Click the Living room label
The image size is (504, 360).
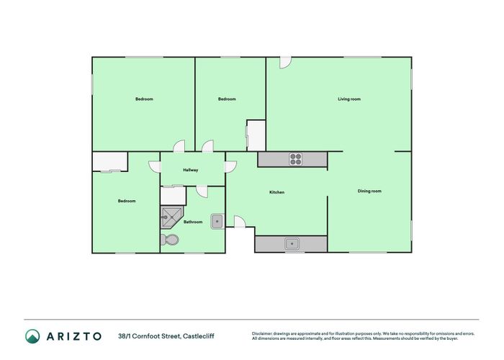349,99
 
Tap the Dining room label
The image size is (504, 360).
369,191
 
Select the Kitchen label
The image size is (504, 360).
277,192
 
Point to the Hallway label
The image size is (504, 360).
190,170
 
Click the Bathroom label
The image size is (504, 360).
193,222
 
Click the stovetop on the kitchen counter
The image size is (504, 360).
295,159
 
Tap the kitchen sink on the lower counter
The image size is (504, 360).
292,243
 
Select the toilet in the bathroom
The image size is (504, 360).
171,240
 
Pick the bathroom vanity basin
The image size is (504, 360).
217,221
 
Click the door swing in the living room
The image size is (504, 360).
286,63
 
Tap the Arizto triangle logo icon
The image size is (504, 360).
32,336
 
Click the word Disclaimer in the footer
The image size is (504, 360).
262,333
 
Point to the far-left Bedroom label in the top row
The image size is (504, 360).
144,99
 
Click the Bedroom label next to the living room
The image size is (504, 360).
227,99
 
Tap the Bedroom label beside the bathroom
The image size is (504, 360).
127,201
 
